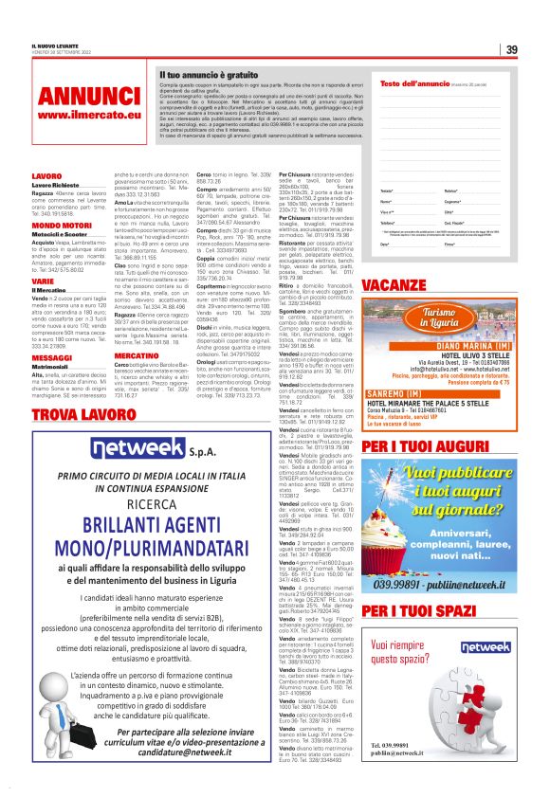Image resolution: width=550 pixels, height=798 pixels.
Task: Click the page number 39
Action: click(511, 50)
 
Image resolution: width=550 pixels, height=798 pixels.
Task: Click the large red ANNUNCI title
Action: click(75, 97)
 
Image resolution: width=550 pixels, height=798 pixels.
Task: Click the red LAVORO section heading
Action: click(46, 176)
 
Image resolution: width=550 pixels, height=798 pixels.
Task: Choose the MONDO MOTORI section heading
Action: click(62, 225)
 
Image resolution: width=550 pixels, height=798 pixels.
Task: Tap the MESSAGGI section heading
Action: click(51, 331)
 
